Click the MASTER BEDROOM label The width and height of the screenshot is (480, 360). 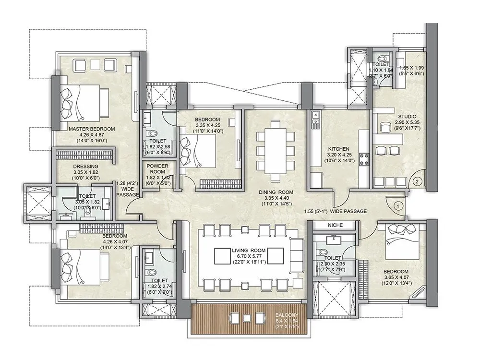point(92,129)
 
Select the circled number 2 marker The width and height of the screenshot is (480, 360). point(418,181)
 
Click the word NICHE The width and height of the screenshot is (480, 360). point(334,224)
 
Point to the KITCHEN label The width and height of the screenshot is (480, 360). point(338,149)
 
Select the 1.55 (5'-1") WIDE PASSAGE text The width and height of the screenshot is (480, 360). point(336,211)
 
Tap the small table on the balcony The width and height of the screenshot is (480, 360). point(247,318)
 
